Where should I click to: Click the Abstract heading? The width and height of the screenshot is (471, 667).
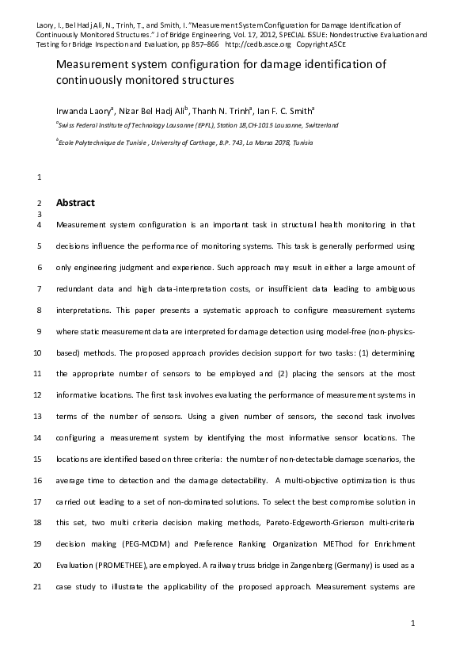pyautogui.click(x=75, y=202)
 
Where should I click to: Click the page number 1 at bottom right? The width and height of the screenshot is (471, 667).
pyautogui.click(x=413, y=624)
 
